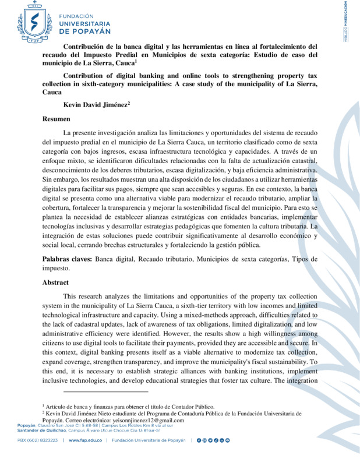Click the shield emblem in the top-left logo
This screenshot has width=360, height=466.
(x=30, y=19)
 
